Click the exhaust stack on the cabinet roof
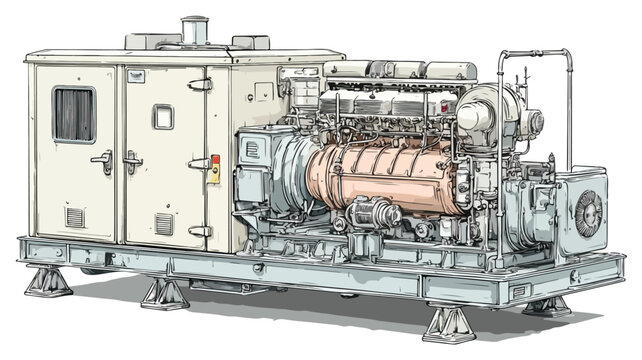pyautogui.click(x=194, y=30)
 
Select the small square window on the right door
pyautogui.click(x=163, y=117)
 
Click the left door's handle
pyautogui.click(x=103, y=160)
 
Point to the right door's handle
pyautogui.click(x=132, y=160)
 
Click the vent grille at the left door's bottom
pyautogui.click(x=75, y=217)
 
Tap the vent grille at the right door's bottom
pyautogui.click(x=164, y=223)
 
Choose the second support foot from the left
pyautogui.click(x=165, y=293)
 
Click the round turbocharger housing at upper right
pyautogui.click(x=487, y=110)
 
